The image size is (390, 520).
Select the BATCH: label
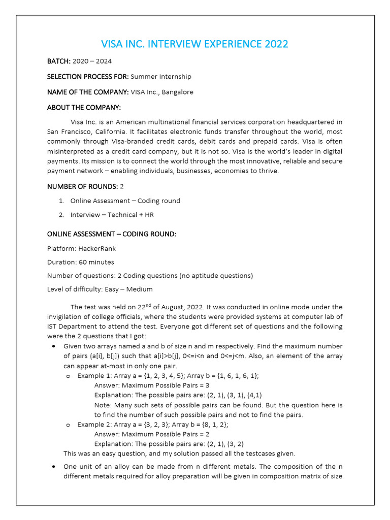pyautogui.click(x=59, y=61)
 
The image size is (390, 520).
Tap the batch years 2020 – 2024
pyautogui.click(x=92, y=61)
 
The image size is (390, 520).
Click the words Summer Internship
pyautogui.click(x=161, y=77)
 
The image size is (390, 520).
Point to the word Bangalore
pyautogui.click(x=177, y=92)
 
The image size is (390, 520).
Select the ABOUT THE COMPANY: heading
pyautogui.click(x=84, y=108)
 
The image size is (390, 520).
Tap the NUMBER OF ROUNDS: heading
pyautogui.click(x=82, y=186)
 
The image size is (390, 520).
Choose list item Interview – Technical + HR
pyautogui.click(x=112, y=215)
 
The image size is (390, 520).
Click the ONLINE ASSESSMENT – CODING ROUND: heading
pyautogui.click(x=112, y=234)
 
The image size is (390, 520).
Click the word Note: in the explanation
pyautogui.click(x=103, y=405)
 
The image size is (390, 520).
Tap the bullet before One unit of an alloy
pyautogui.click(x=54, y=467)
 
